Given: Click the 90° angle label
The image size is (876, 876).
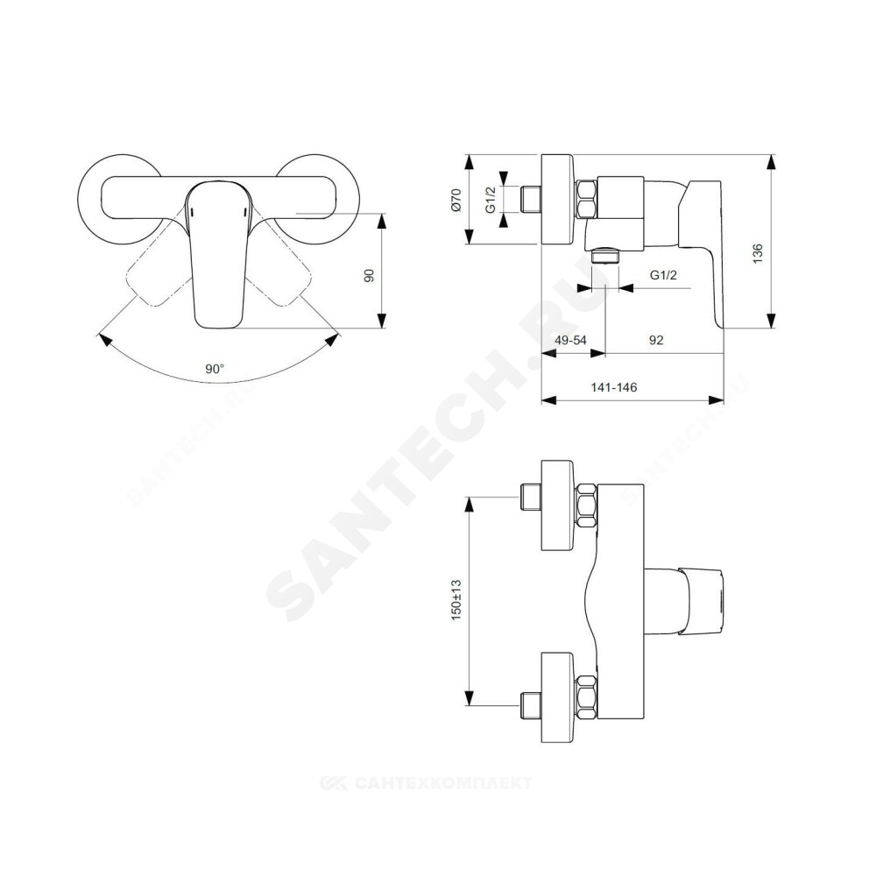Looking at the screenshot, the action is click(x=215, y=369).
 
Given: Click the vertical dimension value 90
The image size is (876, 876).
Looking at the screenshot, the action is click(x=370, y=275).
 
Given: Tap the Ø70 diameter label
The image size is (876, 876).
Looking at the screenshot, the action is click(x=456, y=200).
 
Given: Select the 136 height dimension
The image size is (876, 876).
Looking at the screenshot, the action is click(x=758, y=254).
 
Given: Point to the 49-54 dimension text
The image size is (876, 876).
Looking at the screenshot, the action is click(x=570, y=340).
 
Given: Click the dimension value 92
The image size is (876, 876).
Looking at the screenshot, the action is click(x=656, y=340).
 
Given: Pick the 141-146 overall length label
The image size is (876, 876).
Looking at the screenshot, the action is click(x=614, y=387).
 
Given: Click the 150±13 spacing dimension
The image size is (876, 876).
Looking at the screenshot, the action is click(x=456, y=599).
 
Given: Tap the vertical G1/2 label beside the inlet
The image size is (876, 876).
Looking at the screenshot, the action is click(x=491, y=200).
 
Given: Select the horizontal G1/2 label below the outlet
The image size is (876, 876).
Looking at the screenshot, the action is click(x=663, y=275).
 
